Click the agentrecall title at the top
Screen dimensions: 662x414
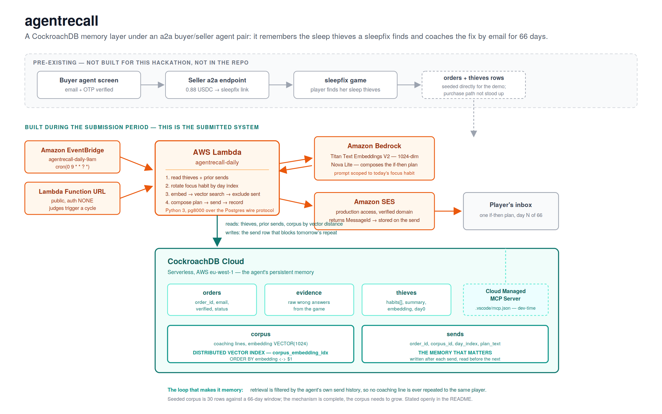[62, 21]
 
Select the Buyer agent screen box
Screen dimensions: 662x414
[89, 85]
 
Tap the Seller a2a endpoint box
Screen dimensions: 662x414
[217, 85]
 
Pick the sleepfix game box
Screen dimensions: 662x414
[345, 85]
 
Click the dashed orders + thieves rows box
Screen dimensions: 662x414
[474, 85]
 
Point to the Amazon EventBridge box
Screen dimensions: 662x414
[72, 157]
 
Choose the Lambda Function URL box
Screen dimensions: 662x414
[72, 198]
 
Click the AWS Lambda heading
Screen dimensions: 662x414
[217, 152]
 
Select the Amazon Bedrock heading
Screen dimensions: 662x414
[374, 146]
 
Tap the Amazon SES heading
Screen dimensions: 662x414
[374, 202]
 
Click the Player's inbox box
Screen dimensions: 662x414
[511, 211]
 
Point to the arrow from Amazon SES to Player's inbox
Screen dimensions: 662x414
[448, 211]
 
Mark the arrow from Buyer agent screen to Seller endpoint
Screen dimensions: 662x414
[153, 85]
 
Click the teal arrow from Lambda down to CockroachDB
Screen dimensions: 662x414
[217, 231]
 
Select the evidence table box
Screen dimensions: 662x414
[309, 300]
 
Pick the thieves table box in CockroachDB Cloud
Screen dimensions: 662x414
[406, 300]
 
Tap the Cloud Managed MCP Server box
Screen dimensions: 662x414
[506, 300]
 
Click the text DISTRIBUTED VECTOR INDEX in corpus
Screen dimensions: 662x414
[229, 353]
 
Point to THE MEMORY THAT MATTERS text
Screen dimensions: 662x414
[455, 353]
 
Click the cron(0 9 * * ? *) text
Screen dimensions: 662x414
[72, 167]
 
